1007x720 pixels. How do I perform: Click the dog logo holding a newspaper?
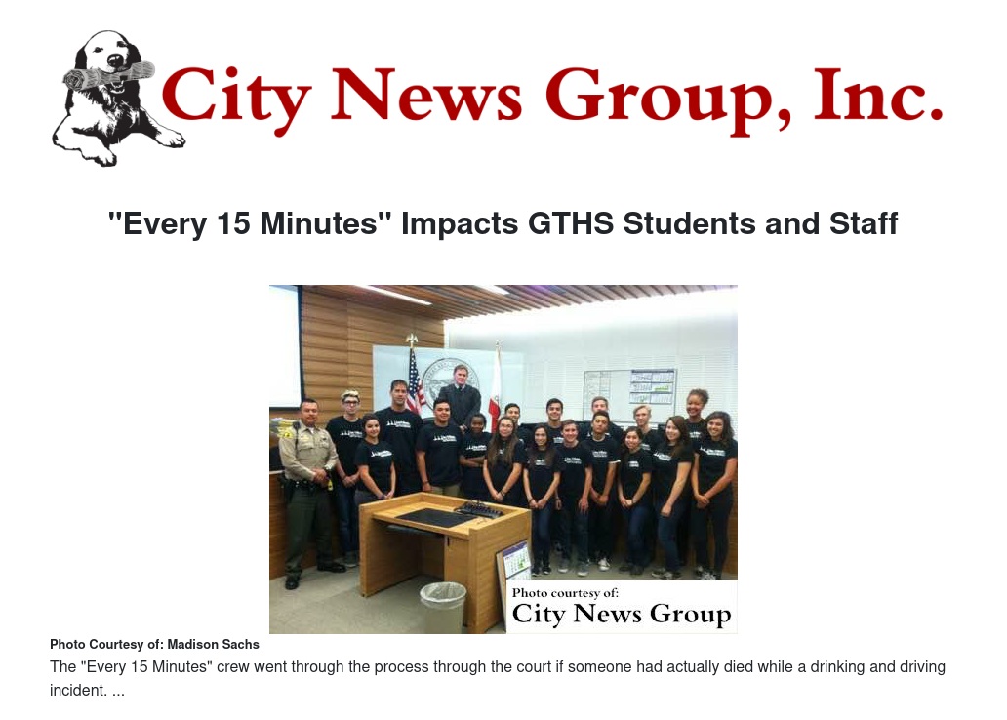(109, 98)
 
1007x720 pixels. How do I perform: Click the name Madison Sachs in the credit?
(213, 645)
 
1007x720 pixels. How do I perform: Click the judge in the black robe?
(459, 394)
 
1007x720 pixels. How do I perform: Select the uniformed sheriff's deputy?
(306, 488)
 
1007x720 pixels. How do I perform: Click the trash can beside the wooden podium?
(443, 607)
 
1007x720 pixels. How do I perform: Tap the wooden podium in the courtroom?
(429, 546)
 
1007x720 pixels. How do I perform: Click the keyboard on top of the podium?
(479, 509)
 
